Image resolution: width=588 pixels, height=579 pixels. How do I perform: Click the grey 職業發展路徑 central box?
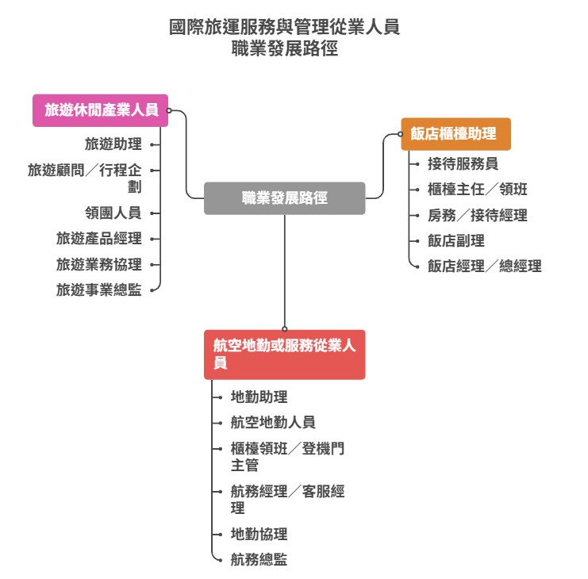tap(284, 198)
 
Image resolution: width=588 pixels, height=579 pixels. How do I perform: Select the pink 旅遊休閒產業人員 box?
tap(101, 111)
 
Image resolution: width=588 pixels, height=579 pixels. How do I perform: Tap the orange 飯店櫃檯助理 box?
tap(455, 134)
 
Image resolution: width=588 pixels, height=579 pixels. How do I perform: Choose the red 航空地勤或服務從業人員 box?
tap(284, 355)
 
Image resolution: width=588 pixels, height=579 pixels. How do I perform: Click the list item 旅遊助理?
tap(113, 144)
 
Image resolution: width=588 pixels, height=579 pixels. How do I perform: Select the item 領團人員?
tap(113, 213)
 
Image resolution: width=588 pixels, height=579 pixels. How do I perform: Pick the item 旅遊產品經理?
tap(98, 239)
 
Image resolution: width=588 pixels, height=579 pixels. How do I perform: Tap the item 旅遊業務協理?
tap(98, 265)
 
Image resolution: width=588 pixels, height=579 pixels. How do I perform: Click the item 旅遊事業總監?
tap(98, 290)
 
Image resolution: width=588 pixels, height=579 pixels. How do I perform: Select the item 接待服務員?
tap(463, 164)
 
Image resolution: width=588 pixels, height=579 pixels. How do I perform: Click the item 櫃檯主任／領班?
tap(477, 190)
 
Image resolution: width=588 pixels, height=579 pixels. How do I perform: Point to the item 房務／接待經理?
tap(477, 215)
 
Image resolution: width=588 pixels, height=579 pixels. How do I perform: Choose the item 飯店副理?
tap(455, 240)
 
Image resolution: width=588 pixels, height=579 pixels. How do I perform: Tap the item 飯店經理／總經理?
tap(484, 266)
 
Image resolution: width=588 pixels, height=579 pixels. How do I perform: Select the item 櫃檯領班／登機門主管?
tap(287, 457)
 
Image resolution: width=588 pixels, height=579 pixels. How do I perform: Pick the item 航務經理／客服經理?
tap(287, 500)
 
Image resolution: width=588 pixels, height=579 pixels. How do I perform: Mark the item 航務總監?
tap(259, 560)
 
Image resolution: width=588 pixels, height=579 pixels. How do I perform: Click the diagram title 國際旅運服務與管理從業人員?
tap(284, 28)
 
